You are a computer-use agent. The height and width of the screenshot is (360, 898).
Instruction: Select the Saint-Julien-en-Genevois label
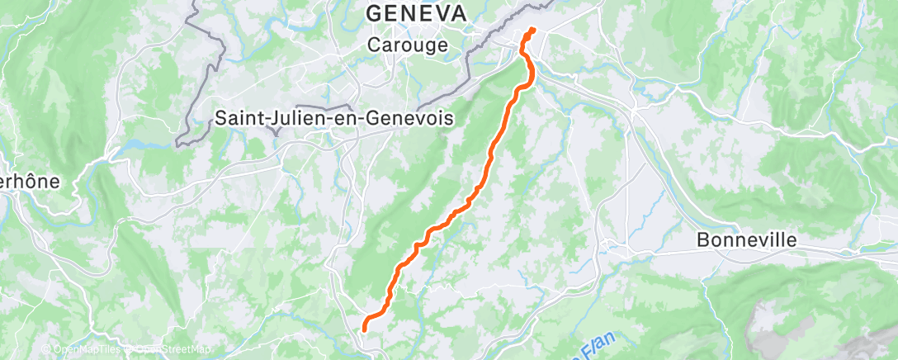(334, 119)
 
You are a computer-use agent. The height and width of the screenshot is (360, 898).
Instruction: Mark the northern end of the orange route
(532, 31)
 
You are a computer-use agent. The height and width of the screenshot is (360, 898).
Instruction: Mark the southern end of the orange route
(364, 330)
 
